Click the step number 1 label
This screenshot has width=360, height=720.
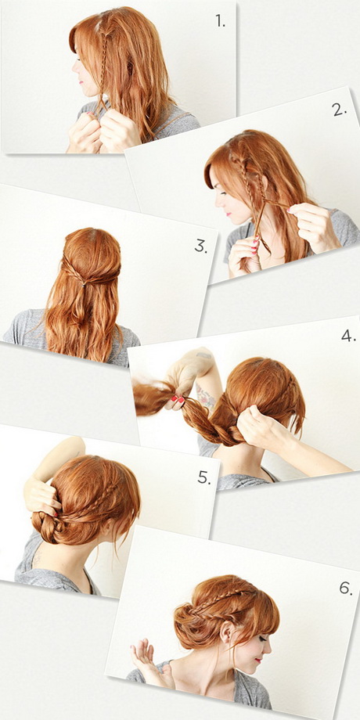pos(221,20)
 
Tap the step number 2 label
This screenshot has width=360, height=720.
pos(339,110)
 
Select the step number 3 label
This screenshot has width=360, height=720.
pos(200,246)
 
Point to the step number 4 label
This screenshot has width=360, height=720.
pos(348,336)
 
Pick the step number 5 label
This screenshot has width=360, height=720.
pos(204,477)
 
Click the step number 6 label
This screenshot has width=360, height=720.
pos(346,589)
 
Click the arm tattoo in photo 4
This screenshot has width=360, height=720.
pos(206,395)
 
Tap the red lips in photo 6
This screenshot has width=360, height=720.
pos(258,661)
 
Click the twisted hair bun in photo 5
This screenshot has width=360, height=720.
pos(47,527)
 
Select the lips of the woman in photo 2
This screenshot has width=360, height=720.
pos(229,214)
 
